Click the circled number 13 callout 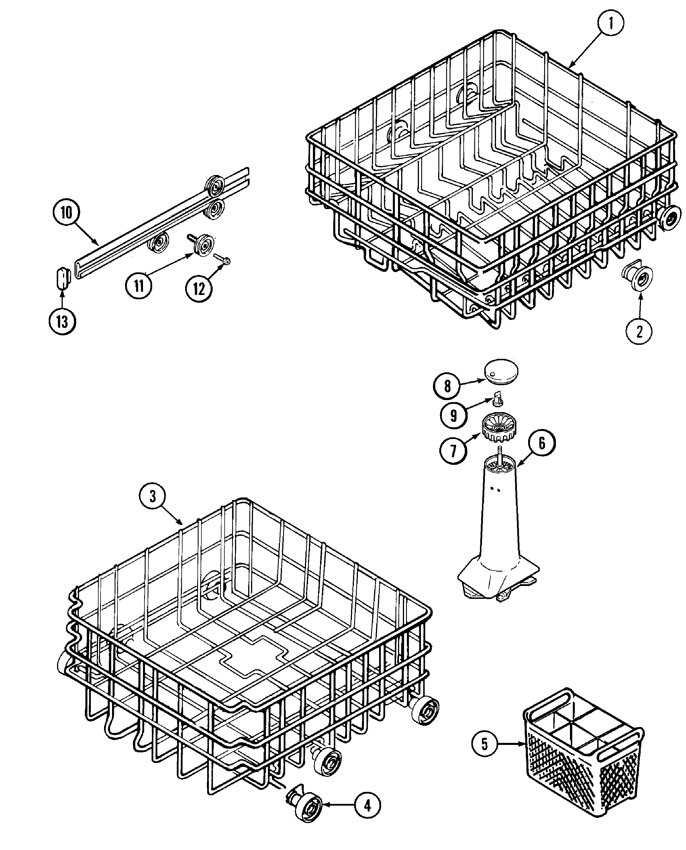62,322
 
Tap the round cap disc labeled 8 501,371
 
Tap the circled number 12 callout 199,289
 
